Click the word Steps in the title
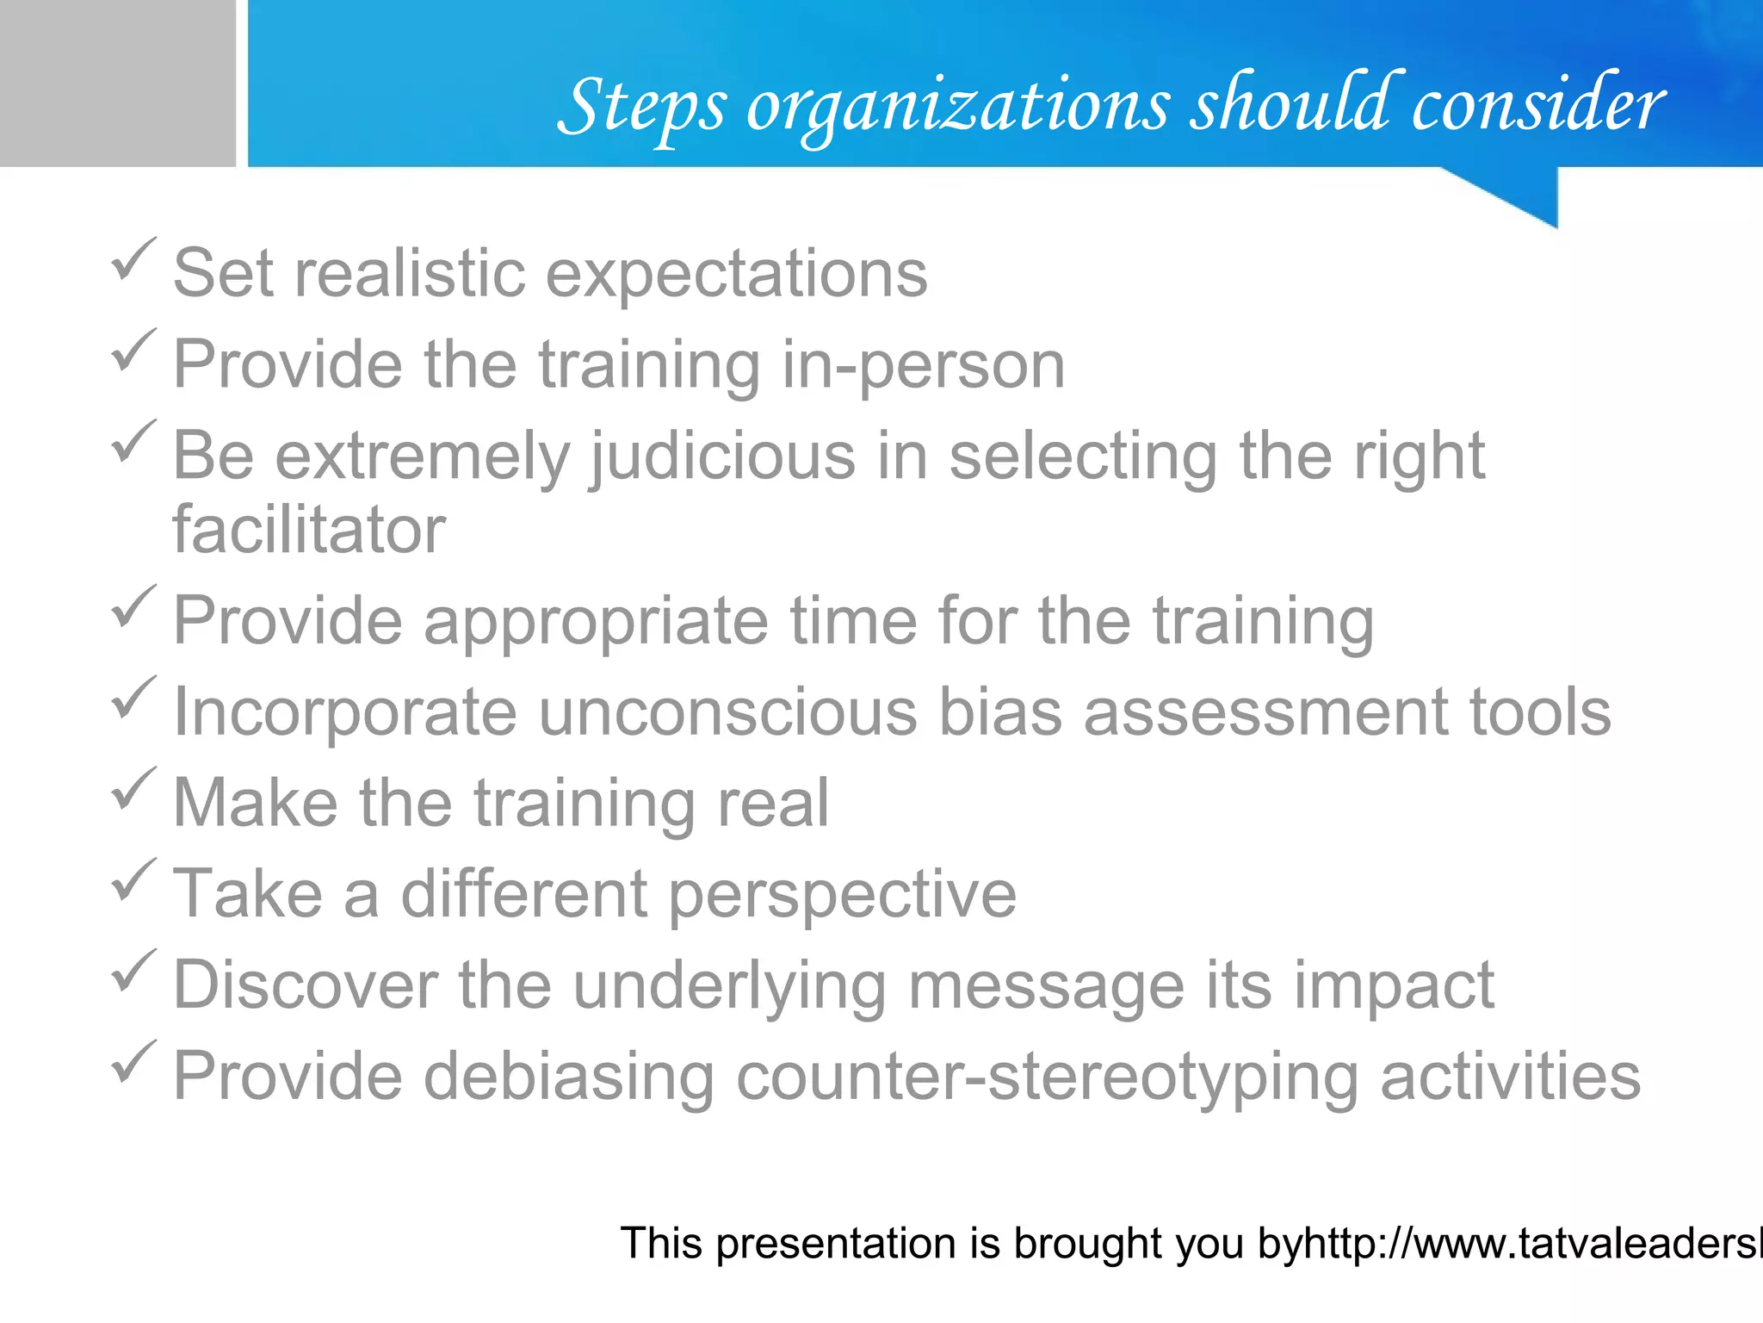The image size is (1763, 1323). coord(641,108)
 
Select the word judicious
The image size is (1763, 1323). coord(723,457)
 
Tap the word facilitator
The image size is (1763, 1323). coord(309,530)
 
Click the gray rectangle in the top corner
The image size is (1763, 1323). coord(117,83)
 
